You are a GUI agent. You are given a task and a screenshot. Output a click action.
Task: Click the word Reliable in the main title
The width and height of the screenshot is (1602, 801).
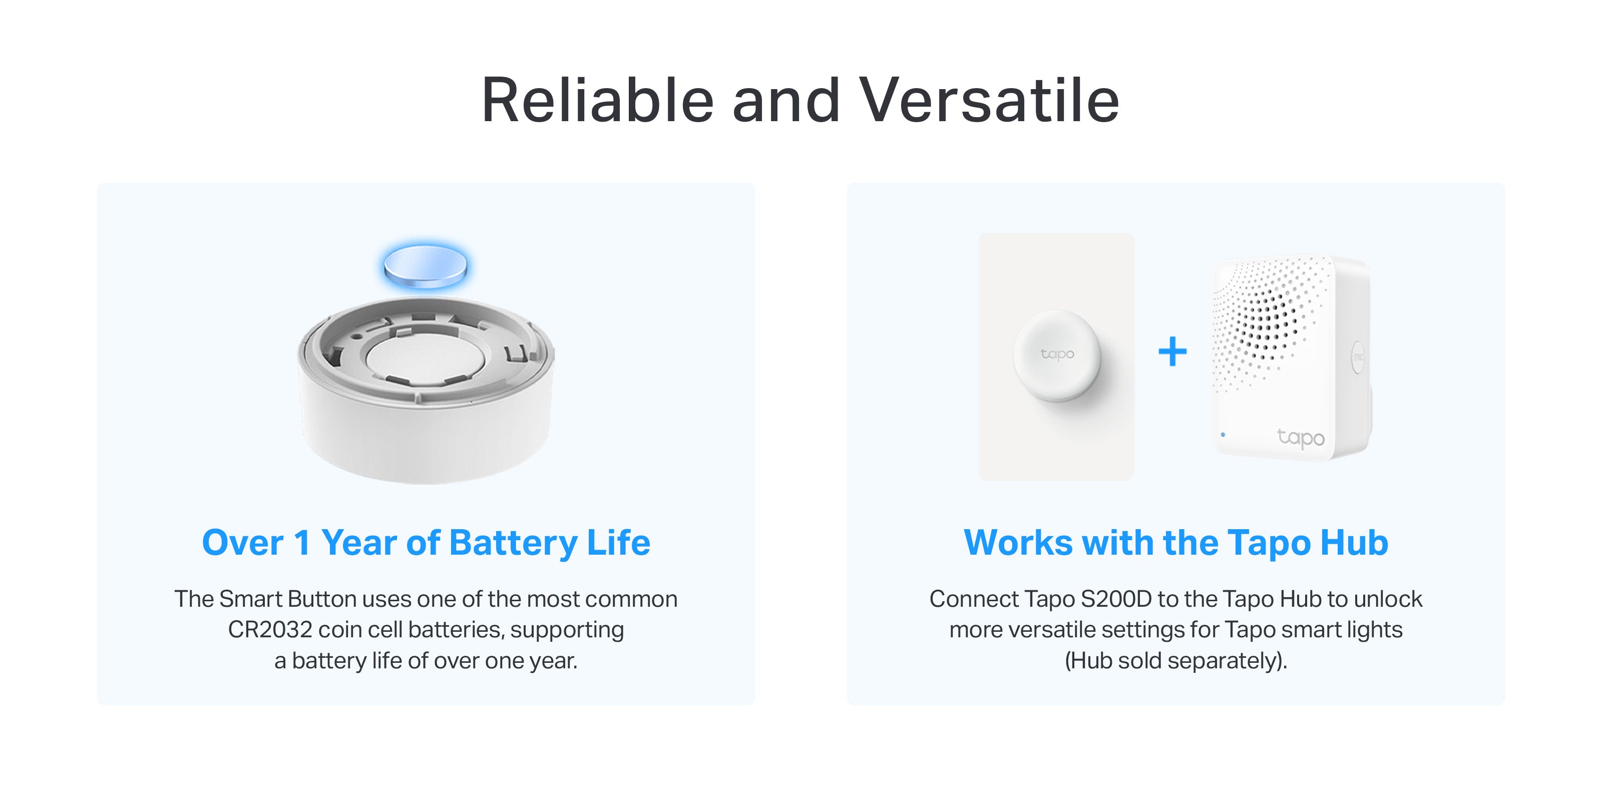[x=598, y=100]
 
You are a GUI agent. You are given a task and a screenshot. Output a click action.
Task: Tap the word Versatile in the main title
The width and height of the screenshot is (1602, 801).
[x=989, y=100]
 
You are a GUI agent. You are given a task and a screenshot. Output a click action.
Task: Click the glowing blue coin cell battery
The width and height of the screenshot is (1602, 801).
[x=426, y=266]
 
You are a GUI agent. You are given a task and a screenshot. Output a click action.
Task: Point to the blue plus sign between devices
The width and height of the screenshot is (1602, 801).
[x=1172, y=351]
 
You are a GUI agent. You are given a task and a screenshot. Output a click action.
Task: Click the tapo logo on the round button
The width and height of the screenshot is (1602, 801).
[x=1057, y=354]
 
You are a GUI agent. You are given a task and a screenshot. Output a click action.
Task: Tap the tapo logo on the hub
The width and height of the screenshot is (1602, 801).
[x=1301, y=438]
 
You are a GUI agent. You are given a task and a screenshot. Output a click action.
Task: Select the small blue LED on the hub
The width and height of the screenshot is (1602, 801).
[x=1223, y=435]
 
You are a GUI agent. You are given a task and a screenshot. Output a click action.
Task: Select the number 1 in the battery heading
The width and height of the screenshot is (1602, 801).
[x=302, y=542]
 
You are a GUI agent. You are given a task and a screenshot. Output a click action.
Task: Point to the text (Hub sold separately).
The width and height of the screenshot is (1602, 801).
[x=1175, y=660]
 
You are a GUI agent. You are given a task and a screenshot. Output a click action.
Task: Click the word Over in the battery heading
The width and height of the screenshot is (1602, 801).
[x=242, y=542]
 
